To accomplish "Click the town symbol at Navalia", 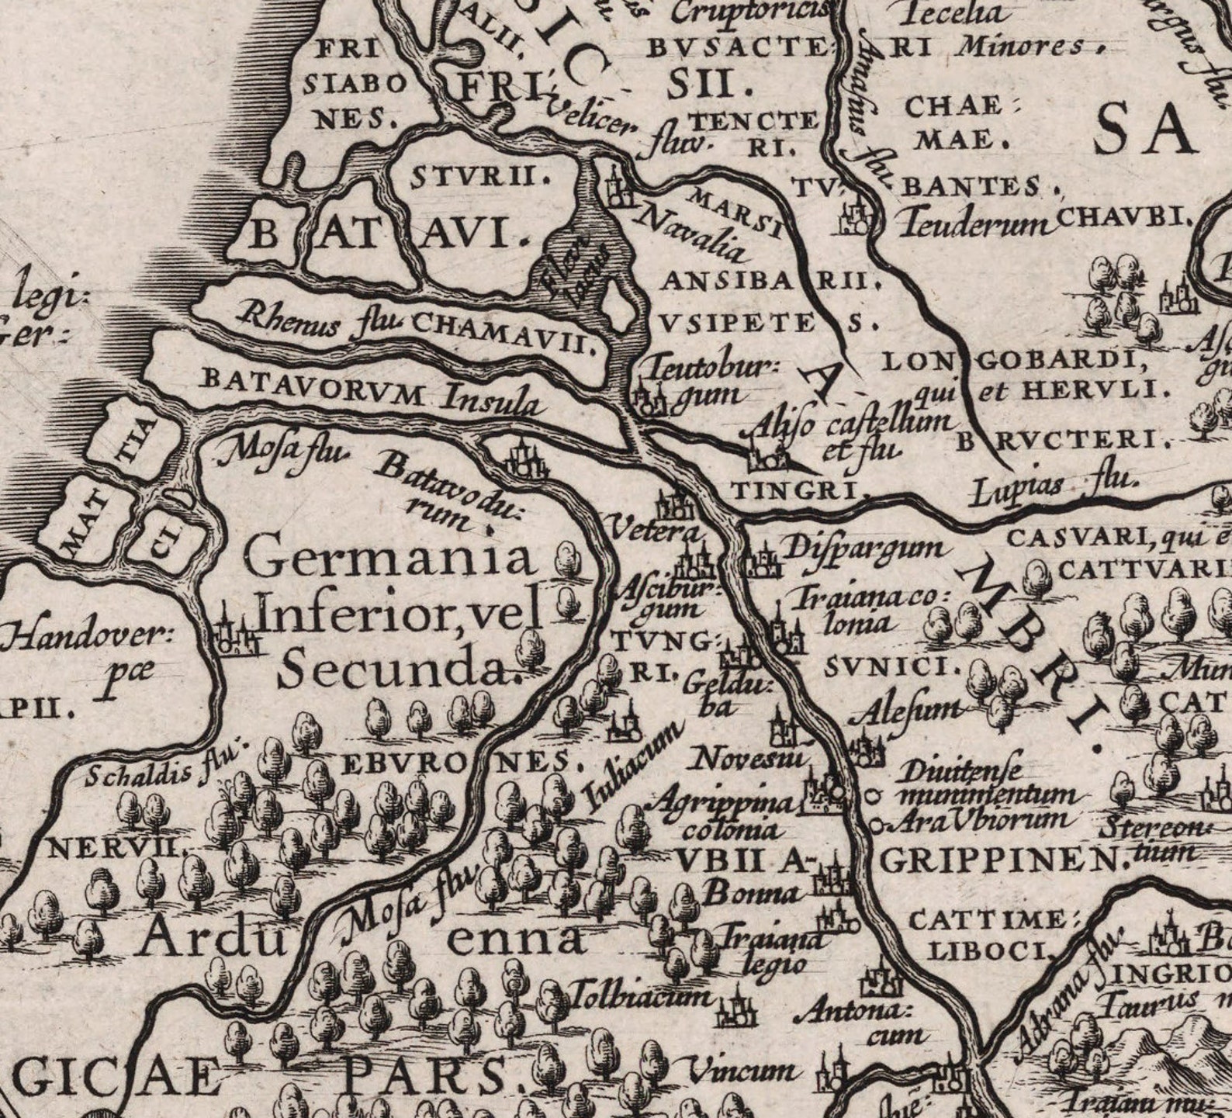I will [x=618, y=189].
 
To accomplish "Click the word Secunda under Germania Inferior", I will [x=399, y=669].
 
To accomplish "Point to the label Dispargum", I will [x=864, y=549].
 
